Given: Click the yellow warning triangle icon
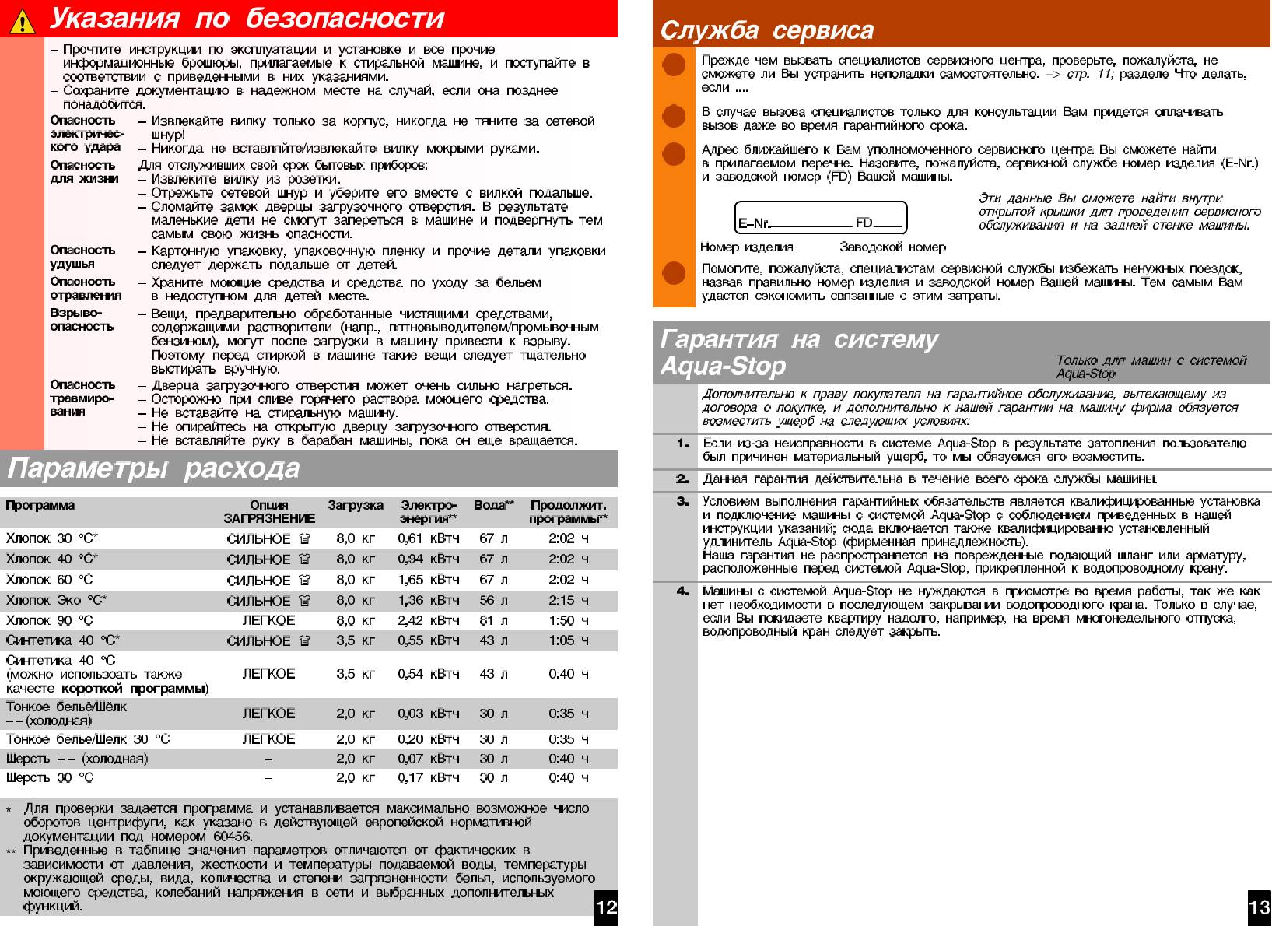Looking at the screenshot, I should click(x=23, y=21).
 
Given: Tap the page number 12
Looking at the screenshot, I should click(x=606, y=908).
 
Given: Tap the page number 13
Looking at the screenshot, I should click(x=1259, y=908).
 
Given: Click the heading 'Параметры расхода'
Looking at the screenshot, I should click(x=154, y=468).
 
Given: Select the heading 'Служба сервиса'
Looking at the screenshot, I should click(x=766, y=30).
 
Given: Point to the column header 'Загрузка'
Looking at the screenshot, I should click(x=356, y=506).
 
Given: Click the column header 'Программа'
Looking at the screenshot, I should click(x=40, y=506).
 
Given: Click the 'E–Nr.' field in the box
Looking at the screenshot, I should click(x=794, y=223).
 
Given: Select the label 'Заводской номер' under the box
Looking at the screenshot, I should click(x=892, y=247).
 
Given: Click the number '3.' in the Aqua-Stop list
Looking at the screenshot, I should click(x=682, y=501).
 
